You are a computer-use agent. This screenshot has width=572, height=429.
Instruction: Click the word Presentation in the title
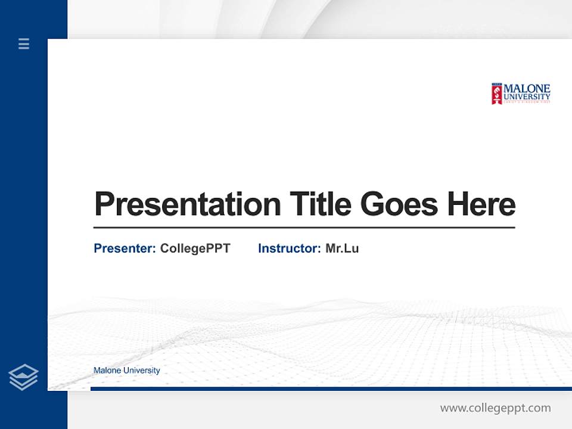(187, 204)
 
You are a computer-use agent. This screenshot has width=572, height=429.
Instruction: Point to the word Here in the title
(481, 204)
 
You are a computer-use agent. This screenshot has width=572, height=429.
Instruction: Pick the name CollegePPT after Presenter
(195, 248)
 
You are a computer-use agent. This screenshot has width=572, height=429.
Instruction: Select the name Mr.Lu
(342, 248)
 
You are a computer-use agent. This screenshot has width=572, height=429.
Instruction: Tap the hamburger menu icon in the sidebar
(24, 43)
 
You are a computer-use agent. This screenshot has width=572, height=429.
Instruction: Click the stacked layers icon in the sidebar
(23, 377)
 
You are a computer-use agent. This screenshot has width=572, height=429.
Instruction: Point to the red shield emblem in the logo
(496, 94)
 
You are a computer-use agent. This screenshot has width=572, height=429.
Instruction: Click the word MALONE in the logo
(527, 89)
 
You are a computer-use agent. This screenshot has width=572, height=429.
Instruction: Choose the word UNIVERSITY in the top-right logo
(527, 97)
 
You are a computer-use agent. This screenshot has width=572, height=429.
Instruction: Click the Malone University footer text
(127, 371)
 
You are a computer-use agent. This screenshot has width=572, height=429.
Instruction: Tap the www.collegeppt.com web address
(495, 408)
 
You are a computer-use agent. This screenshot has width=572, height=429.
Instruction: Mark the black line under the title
(304, 228)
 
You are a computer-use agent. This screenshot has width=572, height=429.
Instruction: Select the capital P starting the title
(104, 204)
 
